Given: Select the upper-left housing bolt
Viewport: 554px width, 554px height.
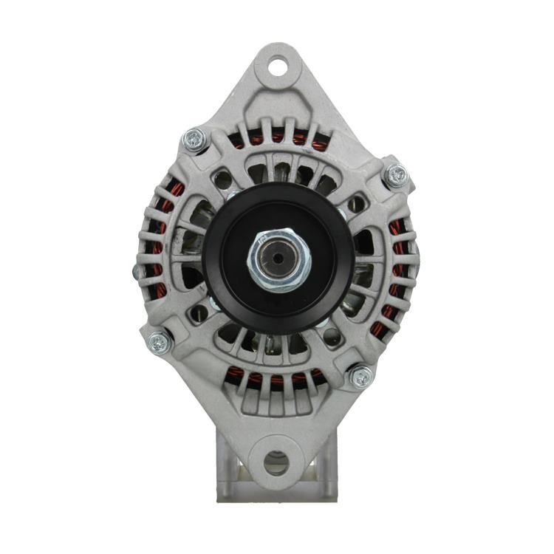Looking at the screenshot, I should tap(195, 139).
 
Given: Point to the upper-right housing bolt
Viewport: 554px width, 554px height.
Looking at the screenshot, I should tap(397, 175).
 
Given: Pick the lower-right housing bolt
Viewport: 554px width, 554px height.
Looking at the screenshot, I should tap(360, 377).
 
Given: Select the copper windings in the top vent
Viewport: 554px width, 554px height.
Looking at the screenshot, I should tap(277, 138).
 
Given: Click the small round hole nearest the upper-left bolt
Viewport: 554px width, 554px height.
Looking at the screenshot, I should tap(219, 177).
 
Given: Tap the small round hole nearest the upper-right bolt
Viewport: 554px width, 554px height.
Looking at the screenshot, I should tap(356, 202).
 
